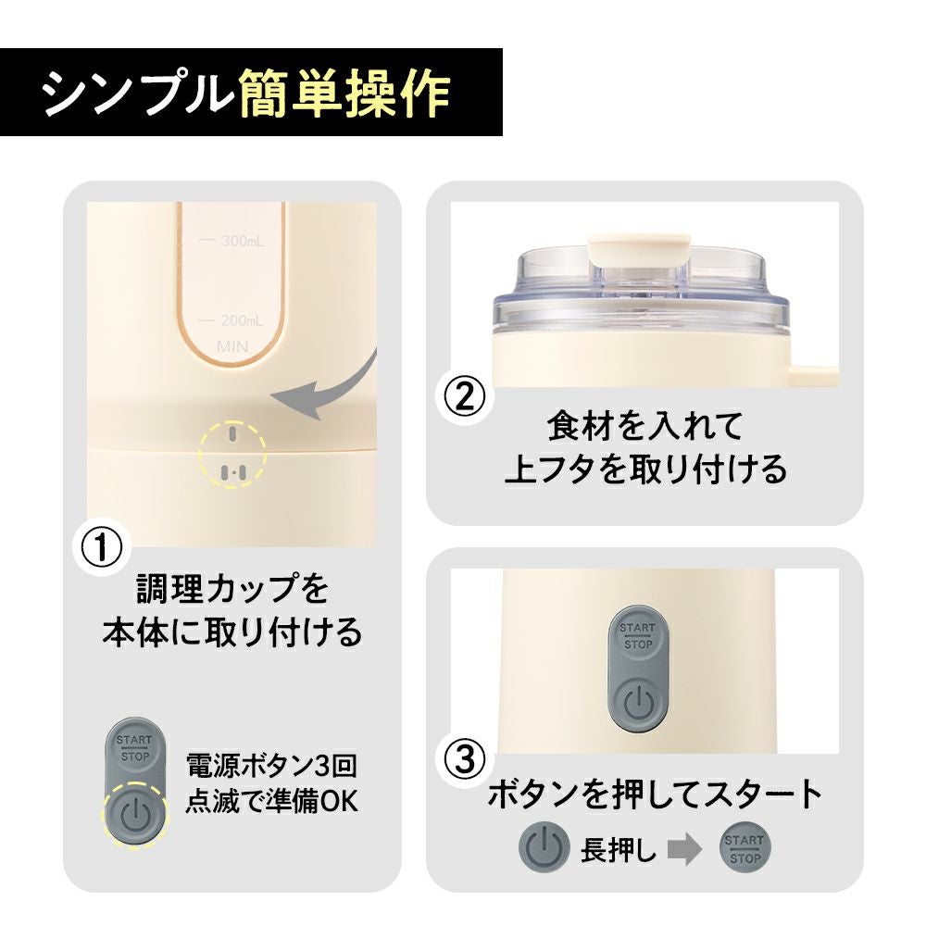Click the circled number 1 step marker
point(102,547)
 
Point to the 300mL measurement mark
point(232,241)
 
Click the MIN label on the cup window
point(232,346)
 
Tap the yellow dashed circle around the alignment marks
point(232,455)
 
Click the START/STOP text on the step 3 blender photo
point(638,636)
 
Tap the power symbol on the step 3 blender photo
point(638,702)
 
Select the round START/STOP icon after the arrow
point(745,848)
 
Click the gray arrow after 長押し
point(685,848)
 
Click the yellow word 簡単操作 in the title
point(344,94)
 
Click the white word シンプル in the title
point(137,94)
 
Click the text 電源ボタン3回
point(271,766)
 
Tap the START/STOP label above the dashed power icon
point(134,747)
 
